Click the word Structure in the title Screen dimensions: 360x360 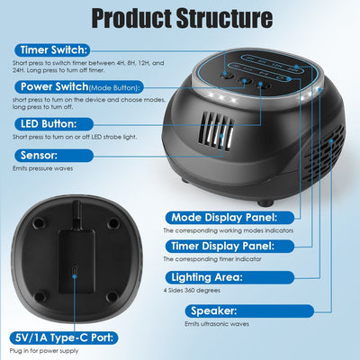(219, 18)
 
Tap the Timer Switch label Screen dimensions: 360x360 (51, 50)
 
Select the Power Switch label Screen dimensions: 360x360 (48, 86)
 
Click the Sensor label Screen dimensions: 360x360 (37, 154)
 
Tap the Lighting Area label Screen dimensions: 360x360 (204, 277)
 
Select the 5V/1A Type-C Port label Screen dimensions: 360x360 (58, 339)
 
